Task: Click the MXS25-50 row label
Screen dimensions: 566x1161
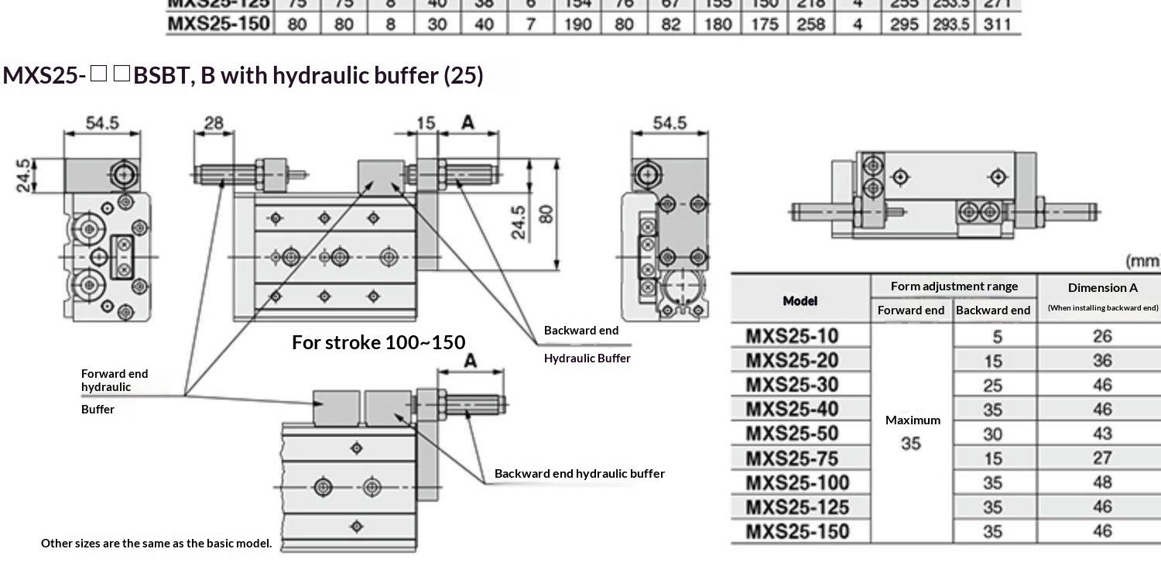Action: point(792,433)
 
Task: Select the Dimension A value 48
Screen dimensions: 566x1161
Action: point(1102,482)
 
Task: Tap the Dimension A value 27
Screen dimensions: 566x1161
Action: point(1102,458)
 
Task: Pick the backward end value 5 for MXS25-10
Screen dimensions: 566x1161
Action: point(997,336)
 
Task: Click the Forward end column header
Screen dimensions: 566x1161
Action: point(911,310)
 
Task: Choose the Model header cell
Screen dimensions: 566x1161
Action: point(800,300)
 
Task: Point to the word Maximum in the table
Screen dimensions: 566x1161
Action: point(913,420)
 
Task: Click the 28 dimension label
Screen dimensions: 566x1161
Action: point(214,123)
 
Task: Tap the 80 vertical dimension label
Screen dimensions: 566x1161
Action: point(546,213)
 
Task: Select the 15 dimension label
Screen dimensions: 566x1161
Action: point(426,123)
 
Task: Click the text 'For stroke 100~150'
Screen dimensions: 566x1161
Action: point(378,342)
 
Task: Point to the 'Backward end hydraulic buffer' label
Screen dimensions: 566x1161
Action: point(579,473)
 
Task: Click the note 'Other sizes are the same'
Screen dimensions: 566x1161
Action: point(156,543)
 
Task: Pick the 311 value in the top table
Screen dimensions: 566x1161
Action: point(998,24)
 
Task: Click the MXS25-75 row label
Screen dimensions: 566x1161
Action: point(792,458)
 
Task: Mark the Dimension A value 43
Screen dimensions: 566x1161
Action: point(1102,434)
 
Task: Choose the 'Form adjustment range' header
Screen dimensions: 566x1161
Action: point(954,286)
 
